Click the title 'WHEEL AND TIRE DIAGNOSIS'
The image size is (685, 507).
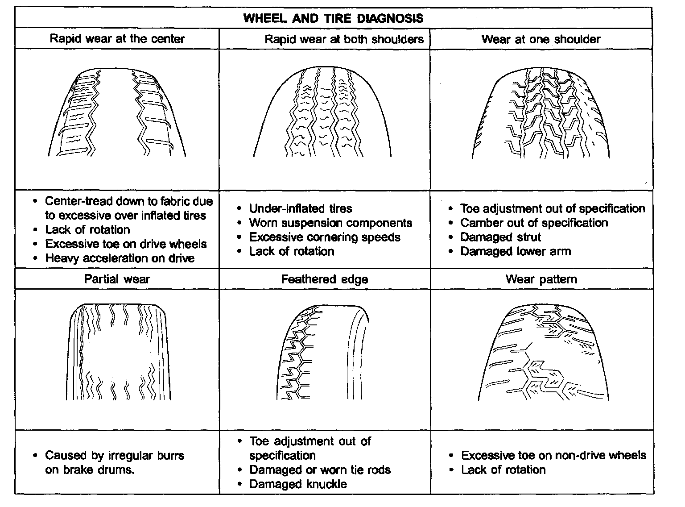[333, 18]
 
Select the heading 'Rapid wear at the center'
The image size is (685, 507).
[117, 38]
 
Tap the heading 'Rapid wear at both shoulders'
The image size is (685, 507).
[344, 39]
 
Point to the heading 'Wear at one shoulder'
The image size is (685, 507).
[541, 39]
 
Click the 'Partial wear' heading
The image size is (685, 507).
[117, 279]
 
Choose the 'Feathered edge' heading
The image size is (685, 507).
[324, 279]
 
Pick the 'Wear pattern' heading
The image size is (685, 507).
[541, 279]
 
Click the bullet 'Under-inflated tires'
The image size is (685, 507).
[300, 208]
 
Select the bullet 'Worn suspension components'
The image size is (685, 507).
[330, 223]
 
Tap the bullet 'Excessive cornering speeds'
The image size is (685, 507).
[324, 237]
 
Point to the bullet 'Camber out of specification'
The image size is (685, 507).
[534, 223]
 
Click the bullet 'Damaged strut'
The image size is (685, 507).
[500, 237]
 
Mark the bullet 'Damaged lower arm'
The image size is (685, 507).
[515, 251]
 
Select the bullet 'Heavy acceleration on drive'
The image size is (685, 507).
[120, 258]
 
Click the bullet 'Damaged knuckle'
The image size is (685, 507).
[297, 484]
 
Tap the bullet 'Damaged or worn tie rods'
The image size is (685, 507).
[320, 470]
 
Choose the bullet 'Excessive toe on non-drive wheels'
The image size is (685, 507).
[553, 455]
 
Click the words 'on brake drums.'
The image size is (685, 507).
[89, 470]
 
